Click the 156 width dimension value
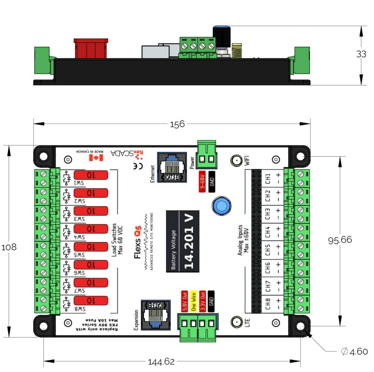click(177, 124)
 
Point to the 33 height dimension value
click(361, 54)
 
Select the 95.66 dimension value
click(340, 240)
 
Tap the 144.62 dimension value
click(161, 362)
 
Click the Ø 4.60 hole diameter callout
click(354, 352)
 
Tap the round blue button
click(221, 206)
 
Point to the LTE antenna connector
click(236, 322)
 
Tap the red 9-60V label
click(202, 179)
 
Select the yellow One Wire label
click(194, 301)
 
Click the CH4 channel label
click(268, 229)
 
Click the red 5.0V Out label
click(184, 301)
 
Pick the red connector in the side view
click(91, 48)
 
